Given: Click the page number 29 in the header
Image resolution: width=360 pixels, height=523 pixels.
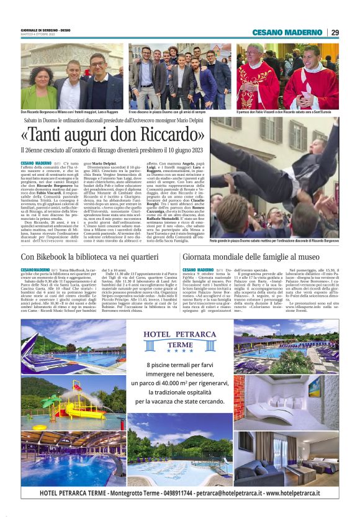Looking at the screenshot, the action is (335, 32).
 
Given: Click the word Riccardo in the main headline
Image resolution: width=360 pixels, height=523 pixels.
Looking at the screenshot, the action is (169, 134).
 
